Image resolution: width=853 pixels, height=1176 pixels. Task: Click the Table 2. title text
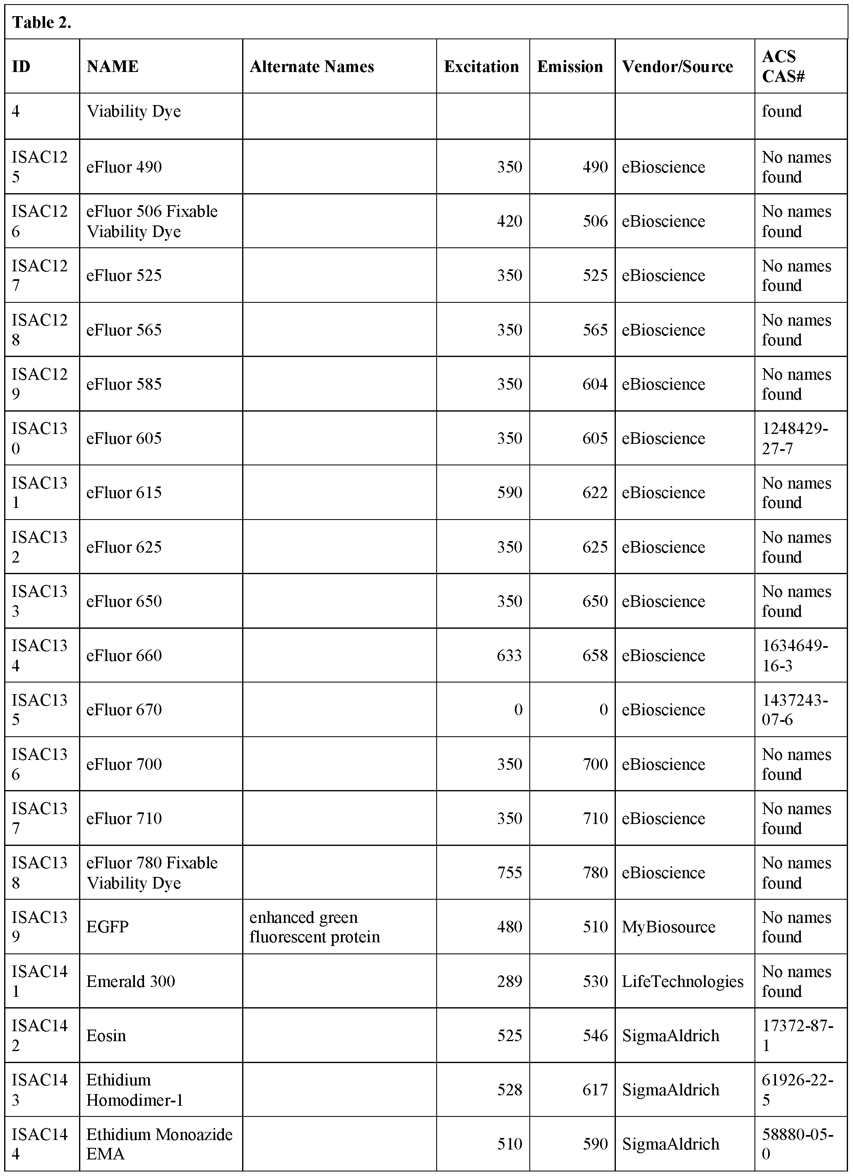(x=41, y=22)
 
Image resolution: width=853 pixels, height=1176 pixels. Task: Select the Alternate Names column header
(x=311, y=66)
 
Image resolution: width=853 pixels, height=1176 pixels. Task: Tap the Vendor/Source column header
(x=677, y=66)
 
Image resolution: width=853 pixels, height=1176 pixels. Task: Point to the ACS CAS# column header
(x=783, y=66)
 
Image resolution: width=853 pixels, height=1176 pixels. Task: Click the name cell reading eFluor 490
(x=124, y=167)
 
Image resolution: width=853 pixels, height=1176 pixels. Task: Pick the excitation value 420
(x=509, y=221)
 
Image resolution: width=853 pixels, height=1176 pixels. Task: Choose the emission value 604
(x=595, y=384)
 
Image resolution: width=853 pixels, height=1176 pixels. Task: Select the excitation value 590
(x=509, y=493)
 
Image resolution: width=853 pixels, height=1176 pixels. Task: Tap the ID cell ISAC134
(x=39, y=655)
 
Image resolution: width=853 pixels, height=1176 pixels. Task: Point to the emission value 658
(x=595, y=655)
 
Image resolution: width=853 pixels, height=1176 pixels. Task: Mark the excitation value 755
(x=509, y=873)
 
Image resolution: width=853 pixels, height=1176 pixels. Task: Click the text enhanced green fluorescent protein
(x=315, y=927)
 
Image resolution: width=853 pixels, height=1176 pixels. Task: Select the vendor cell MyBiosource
(x=668, y=927)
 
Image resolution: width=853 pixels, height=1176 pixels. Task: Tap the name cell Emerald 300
(x=131, y=982)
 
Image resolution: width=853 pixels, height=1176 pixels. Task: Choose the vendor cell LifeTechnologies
(x=682, y=982)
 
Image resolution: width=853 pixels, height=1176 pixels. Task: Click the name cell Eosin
(x=106, y=1035)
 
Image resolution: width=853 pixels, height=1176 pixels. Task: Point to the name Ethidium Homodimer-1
(x=135, y=1090)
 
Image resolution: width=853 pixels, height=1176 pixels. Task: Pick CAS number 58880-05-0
(x=797, y=1144)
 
